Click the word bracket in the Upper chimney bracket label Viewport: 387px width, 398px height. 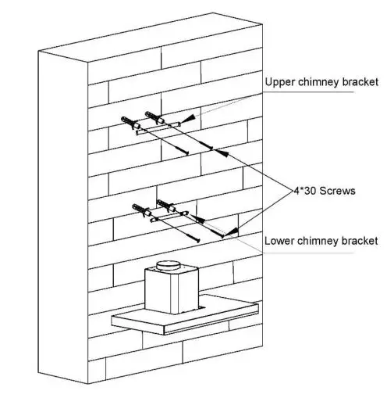(360, 82)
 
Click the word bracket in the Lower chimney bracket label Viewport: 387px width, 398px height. (360, 240)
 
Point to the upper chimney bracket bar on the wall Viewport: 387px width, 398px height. (158, 129)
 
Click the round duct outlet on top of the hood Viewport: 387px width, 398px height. (171, 266)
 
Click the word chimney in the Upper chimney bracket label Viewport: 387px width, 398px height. (320, 82)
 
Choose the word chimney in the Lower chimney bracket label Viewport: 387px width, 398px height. (319, 240)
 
